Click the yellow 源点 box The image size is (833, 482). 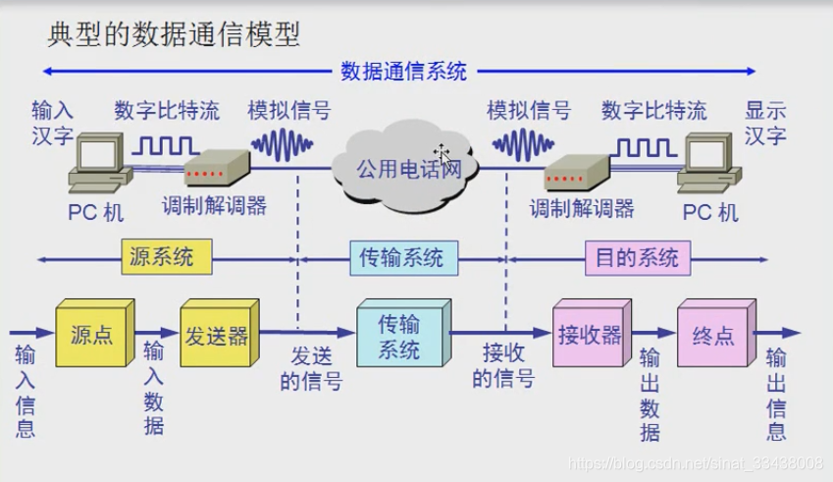tap(91, 335)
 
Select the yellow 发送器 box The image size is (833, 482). tap(216, 335)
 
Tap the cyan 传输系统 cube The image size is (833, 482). tap(399, 336)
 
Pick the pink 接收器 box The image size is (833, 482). tap(589, 335)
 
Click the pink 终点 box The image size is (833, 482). tap(712, 335)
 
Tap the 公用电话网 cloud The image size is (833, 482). tap(410, 169)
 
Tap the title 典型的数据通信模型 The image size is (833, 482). tap(174, 37)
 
